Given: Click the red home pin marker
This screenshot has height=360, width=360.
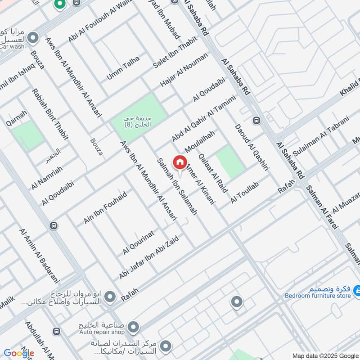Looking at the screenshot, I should [180, 162].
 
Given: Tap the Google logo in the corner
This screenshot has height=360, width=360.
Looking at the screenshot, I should [19, 353].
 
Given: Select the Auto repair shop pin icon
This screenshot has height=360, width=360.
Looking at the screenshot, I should [133, 326].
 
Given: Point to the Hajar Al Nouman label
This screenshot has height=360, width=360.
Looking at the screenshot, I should [184, 70].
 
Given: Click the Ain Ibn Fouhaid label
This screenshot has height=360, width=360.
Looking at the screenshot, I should [105, 207].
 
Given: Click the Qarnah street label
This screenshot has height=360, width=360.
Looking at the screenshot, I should [17, 117].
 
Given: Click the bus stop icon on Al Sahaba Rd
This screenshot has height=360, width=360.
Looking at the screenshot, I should [256, 120].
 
